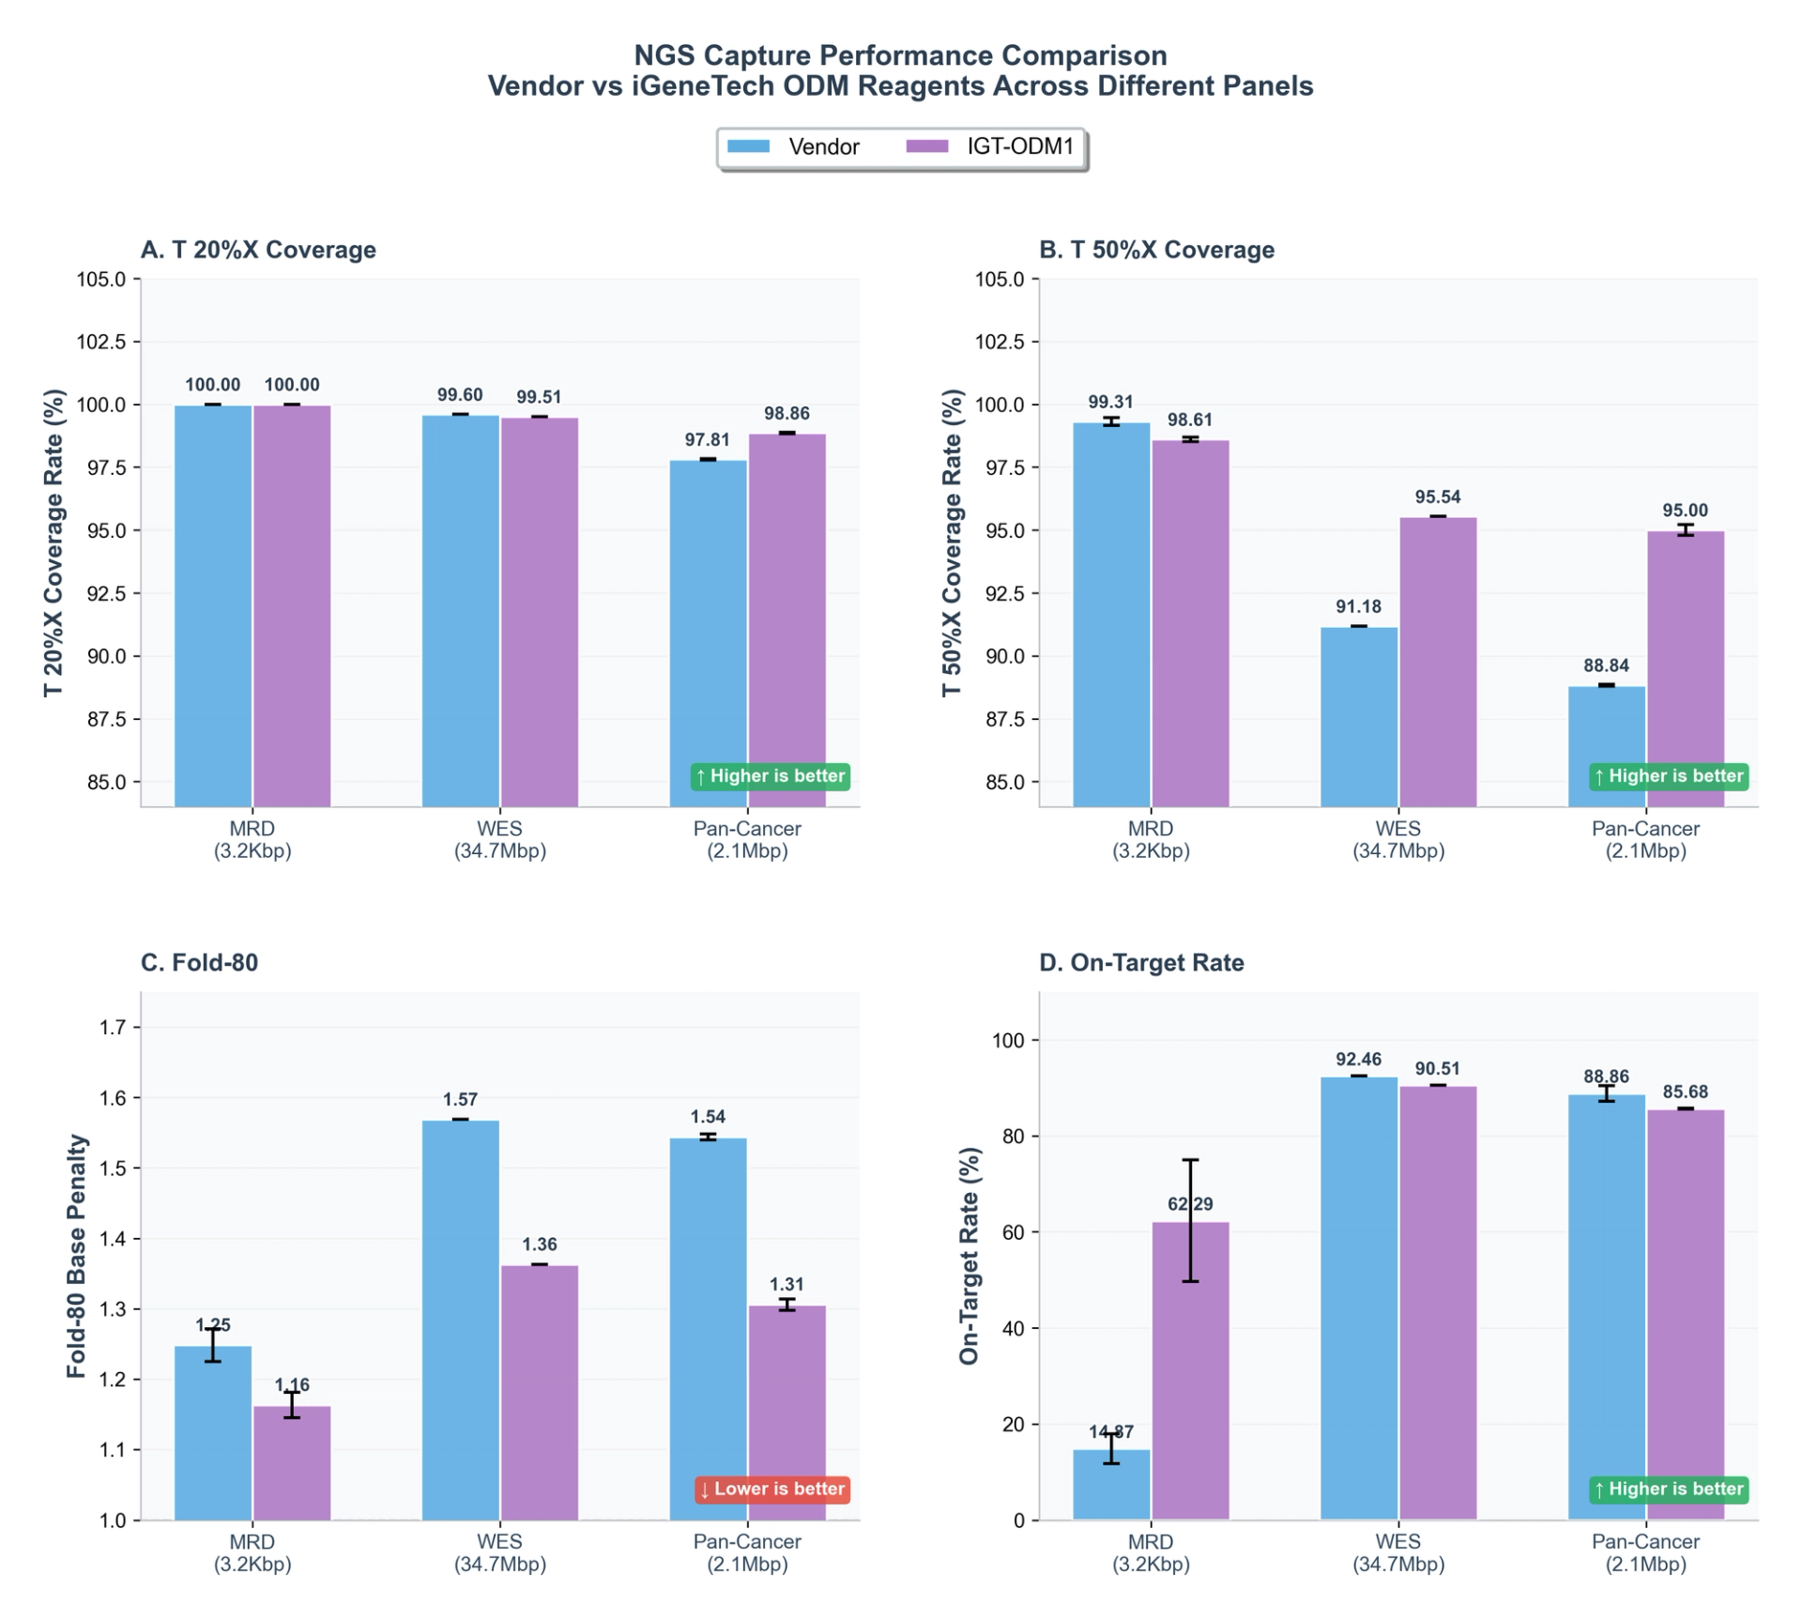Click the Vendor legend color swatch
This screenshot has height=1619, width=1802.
point(748,146)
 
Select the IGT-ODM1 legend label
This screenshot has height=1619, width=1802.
point(1020,146)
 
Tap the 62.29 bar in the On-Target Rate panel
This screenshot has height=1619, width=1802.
point(1190,1370)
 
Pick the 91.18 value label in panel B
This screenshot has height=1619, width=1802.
point(1358,607)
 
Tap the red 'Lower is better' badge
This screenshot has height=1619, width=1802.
point(772,1489)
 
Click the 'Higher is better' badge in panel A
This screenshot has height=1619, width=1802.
point(771,776)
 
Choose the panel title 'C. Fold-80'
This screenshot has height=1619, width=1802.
point(199,963)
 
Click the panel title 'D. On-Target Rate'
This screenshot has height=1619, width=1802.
point(1141,963)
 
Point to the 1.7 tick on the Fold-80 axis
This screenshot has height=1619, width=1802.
point(113,1028)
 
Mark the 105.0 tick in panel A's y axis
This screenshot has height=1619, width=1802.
point(100,280)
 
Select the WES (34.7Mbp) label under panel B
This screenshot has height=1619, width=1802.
point(1397,840)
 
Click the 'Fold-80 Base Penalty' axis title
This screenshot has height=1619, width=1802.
point(77,1256)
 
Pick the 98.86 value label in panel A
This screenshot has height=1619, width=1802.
point(786,414)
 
